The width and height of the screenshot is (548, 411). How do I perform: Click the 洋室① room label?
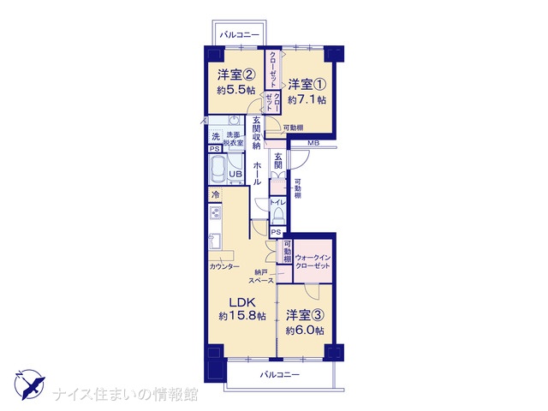coord(307,85)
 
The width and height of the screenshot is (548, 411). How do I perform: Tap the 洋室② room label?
coord(236,74)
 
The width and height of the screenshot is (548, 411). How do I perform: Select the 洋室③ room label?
coord(305,315)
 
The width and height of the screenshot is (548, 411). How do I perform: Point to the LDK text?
coord(242,302)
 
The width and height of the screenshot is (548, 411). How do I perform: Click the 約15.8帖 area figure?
coord(242,316)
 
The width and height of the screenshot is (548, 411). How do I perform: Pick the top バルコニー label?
coord(240,35)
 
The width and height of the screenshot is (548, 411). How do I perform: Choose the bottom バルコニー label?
coord(280,375)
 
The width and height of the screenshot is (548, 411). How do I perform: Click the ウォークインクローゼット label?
coord(313,262)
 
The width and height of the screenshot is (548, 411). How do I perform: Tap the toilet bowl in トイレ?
coord(278,215)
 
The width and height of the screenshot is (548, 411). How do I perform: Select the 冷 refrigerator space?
coord(216,194)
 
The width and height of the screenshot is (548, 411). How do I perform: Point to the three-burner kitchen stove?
coord(215,212)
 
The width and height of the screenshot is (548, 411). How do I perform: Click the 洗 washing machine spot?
coord(216,136)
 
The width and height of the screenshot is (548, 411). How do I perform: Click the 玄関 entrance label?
coord(278,160)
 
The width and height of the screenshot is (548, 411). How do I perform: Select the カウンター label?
coord(224,266)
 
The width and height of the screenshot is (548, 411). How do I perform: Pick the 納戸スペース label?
coord(261,276)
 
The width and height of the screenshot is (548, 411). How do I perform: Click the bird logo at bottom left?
coord(30,384)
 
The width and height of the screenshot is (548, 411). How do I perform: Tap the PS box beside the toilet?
coord(276,232)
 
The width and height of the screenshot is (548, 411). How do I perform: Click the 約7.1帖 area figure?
coord(307,100)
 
